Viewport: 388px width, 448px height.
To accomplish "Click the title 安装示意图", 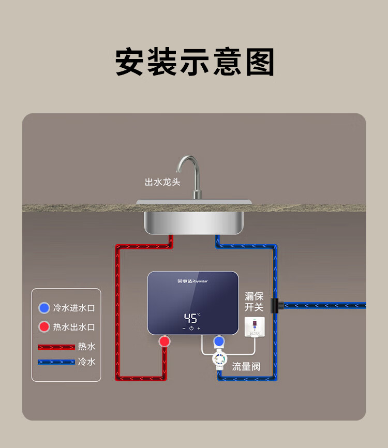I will [194, 63].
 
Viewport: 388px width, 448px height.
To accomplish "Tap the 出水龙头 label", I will [162, 182].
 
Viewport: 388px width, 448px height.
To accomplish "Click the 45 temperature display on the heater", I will [191, 318].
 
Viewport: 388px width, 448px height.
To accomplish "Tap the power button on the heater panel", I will [191, 328].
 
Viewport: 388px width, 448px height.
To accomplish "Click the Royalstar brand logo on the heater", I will [191, 281].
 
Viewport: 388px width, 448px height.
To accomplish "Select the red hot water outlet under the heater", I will [165, 341].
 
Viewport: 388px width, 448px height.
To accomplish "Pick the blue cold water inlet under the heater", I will [219, 341].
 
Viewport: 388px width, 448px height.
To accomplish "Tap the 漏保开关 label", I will [254, 302].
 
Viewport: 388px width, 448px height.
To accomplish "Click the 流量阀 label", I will [246, 367].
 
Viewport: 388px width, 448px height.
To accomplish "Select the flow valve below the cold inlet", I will [219, 361].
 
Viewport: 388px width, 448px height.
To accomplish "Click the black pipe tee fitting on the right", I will [275, 305].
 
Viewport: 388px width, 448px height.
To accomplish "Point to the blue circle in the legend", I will [44, 308].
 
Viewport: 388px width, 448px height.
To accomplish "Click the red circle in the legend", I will [44, 327].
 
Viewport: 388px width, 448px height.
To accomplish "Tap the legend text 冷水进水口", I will [74, 308].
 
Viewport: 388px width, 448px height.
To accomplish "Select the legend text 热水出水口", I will [74, 327].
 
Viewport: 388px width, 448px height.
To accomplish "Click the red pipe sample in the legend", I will [56, 347].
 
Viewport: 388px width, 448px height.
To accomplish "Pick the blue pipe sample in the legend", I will [56, 362].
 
